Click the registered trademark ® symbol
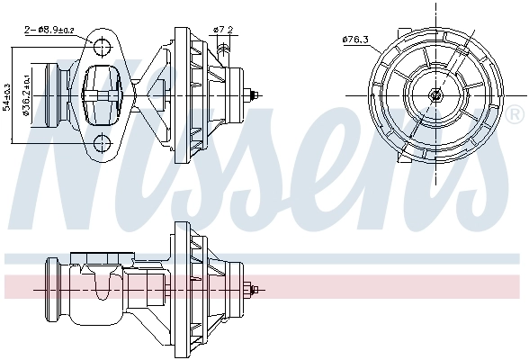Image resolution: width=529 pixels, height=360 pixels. pos(514,115)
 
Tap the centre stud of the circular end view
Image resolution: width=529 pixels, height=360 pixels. pos(436,94)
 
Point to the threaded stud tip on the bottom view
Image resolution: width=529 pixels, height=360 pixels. pos(259,290)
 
